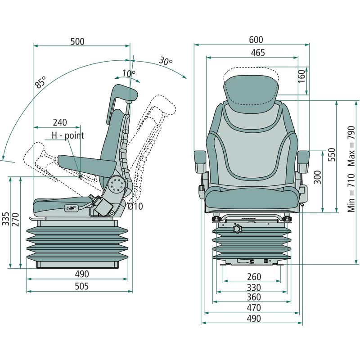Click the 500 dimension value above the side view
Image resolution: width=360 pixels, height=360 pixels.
click(x=77, y=41)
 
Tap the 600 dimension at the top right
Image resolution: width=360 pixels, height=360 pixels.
click(x=256, y=40)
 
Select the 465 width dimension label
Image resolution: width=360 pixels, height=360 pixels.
click(x=257, y=53)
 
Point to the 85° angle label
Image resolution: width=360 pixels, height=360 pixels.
click(x=41, y=83)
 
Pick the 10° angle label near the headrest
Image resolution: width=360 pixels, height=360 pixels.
click(x=128, y=74)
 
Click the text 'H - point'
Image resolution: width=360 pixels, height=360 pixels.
click(x=67, y=135)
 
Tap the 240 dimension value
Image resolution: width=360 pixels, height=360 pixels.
click(x=59, y=122)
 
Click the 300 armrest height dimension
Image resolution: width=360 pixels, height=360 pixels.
click(x=317, y=178)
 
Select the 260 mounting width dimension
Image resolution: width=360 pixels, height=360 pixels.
click(x=254, y=276)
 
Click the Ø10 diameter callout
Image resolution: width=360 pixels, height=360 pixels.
click(x=135, y=207)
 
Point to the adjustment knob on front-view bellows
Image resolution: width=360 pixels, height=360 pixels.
click(x=238, y=229)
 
